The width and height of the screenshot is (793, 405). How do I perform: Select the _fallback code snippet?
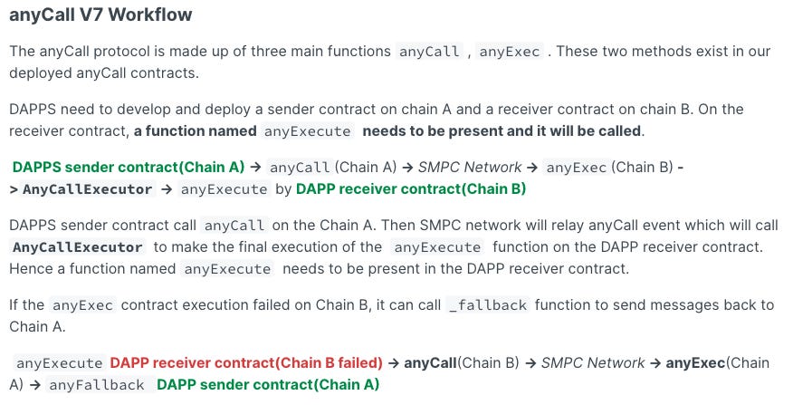(x=487, y=305)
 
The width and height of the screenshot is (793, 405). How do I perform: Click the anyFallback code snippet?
(x=96, y=385)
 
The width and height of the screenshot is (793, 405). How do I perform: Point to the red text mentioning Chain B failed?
(x=246, y=363)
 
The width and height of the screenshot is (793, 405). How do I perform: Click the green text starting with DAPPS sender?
(x=129, y=167)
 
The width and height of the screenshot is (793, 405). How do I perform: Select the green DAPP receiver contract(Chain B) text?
(x=411, y=189)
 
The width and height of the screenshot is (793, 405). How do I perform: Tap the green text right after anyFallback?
(x=268, y=385)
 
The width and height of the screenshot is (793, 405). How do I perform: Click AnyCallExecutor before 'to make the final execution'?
(x=78, y=247)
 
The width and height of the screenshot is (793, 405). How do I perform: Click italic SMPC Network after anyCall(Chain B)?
(x=593, y=363)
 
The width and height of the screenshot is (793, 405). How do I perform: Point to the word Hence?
(x=30, y=269)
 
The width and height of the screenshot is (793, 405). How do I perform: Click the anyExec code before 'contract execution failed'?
(x=82, y=305)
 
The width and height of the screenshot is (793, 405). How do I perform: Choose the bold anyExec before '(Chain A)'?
(x=694, y=363)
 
